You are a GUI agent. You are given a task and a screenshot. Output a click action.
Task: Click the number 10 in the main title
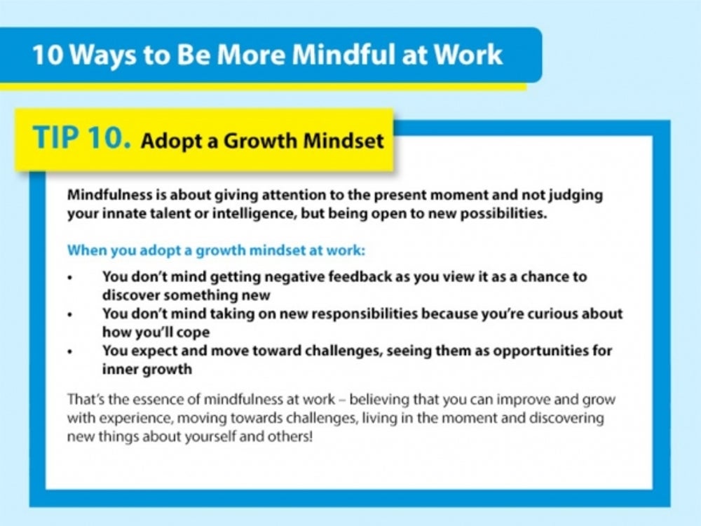(48, 55)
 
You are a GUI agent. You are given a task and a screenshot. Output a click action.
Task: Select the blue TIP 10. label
(82, 137)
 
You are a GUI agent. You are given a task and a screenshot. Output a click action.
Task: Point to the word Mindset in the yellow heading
(343, 140)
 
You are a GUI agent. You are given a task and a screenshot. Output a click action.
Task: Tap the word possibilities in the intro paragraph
(503, 213)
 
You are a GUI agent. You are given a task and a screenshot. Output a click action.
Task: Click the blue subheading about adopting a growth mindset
(216, 250)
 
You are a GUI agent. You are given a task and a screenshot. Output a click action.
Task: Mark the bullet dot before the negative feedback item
(69, 278)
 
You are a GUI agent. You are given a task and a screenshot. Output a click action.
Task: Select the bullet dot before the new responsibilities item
(69, 315)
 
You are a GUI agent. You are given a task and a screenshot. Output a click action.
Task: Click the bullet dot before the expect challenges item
(69, 352)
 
